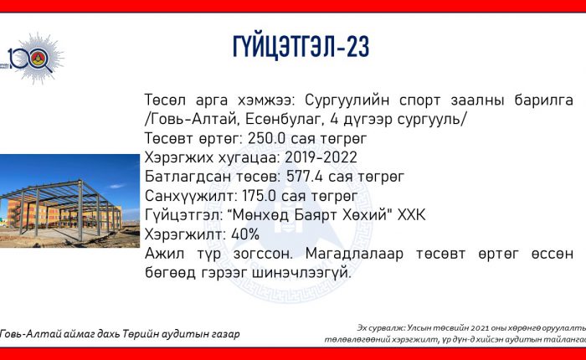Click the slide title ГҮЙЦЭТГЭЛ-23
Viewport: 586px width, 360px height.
(x=301, y=47)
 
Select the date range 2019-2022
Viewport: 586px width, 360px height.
(x=321, y=157)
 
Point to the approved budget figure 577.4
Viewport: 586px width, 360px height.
(x=305, y=177)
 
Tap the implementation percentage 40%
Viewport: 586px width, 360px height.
(x=245, y=234)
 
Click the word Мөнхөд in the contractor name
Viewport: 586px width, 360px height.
(x=258, y=215)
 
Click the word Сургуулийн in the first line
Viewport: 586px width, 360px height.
(x=347, y=100)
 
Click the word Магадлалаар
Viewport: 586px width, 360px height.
(x=354, y=254)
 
